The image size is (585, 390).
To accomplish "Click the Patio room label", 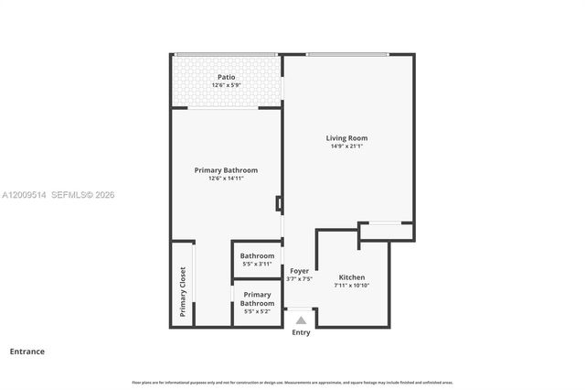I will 226,77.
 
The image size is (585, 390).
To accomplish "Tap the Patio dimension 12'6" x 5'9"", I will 226,85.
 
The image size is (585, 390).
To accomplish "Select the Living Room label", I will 346,138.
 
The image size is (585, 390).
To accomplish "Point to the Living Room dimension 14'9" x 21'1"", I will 346,146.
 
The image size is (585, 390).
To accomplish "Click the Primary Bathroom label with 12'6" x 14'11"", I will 226,169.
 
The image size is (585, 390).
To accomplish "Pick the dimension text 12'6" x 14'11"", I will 226,178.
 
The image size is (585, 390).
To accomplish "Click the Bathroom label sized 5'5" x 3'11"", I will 257,255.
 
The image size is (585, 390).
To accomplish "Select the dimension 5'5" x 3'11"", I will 257,264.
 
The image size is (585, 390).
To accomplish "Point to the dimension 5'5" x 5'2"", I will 257,311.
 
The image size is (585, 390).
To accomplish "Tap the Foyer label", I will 299,271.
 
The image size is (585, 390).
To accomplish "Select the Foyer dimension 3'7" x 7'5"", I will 299,279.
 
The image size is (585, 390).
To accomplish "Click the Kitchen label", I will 352,276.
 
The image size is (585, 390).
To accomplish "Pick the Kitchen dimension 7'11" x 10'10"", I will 352,285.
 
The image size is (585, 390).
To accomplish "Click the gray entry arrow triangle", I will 301,320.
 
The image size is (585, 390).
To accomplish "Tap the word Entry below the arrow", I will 301,332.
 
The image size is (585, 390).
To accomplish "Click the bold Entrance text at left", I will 27,351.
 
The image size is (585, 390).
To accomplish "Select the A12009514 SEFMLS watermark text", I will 58,195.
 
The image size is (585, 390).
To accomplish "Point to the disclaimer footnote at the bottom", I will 292,382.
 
